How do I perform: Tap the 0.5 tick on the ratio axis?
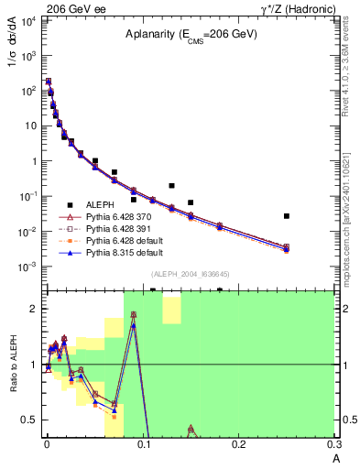click(32, 420)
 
